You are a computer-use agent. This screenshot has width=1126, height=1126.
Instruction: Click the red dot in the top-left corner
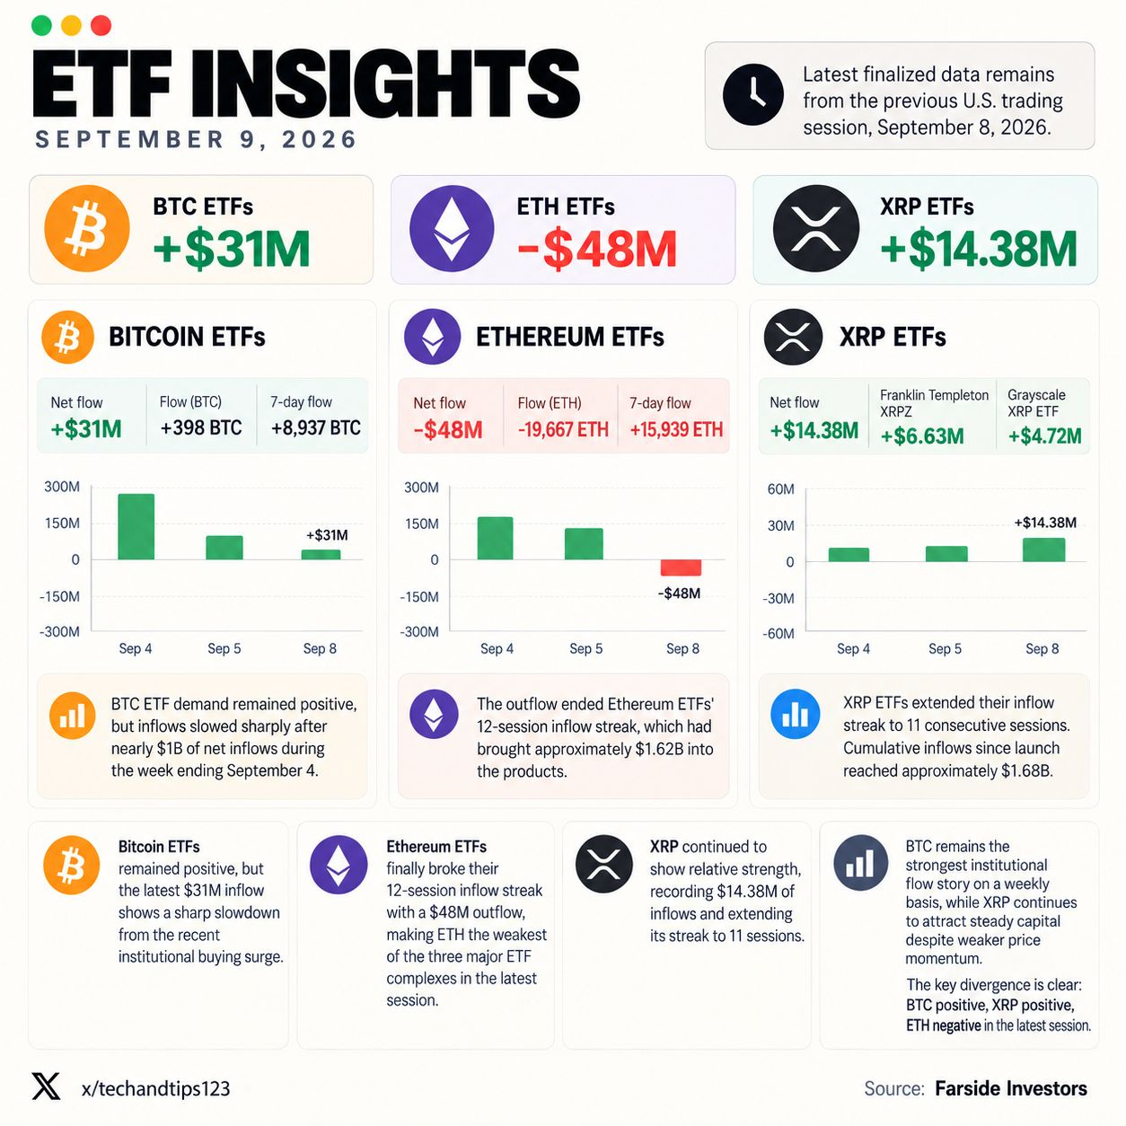pyautogui.click(x=101, y=26)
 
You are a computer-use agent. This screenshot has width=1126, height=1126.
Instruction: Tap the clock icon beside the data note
pyautogui.click(x=752, y=94)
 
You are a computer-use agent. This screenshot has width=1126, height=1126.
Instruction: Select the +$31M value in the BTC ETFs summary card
pyautogui.click(x=232, y=250)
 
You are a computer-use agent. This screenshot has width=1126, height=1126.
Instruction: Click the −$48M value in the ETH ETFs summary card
pyautogui.click(x=596, y=250)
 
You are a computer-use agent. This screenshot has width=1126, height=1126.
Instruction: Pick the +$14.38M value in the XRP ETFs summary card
pyautogui.click(x=979, y=250)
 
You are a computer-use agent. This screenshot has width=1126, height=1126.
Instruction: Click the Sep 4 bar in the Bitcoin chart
pyautogui.click(x=136, y=526)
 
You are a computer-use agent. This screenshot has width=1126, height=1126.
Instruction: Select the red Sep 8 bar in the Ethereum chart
pyautogui.click(x=681, y=567)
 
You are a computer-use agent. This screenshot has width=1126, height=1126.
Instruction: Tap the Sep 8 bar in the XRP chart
pyautogui.click(x=1043, y=550)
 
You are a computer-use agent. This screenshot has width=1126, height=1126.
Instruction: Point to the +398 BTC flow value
pyautogui.click(x=201, y=427)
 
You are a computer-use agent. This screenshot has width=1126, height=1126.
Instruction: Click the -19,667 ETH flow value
pyautogui.click(x=563, y=429)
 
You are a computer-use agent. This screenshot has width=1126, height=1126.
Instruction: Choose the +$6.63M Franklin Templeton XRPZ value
pyautogui.click(x=922, y=435)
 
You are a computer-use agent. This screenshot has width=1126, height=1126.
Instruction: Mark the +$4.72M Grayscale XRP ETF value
pyautogui.click(x=1045, y=435)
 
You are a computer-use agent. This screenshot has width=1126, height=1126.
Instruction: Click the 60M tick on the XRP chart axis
pyautogui.click(x=780, y=489)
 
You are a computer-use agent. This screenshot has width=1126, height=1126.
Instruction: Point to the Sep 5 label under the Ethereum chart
pyautogui.click(x=585, y=648)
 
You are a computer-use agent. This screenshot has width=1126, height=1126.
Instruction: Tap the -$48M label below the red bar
pyautogui.click(x=679, y=594)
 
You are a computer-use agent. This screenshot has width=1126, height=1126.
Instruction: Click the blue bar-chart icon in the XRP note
pyautogui.click(x=795, y=714)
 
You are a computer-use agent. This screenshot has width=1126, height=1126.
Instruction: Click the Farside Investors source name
pyautogui.click(x=1011, y=1088)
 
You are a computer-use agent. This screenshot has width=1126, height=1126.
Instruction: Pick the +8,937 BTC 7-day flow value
pyautogui.click(x=315, y=427)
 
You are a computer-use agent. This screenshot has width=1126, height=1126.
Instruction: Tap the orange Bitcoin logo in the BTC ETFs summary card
pyautogui.click(x=87, y=228)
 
